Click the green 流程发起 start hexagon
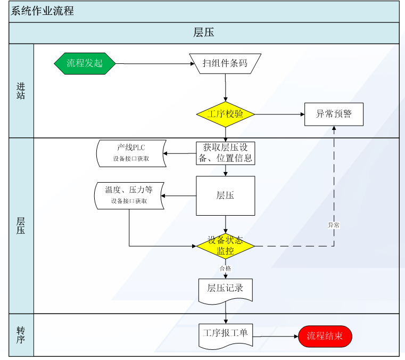(x=85, y=63)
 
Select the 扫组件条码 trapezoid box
(x=225, y=63)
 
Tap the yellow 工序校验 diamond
(x=226, y=114)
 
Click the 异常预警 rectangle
(x=334, y=114)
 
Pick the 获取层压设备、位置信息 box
(x=226, y=153)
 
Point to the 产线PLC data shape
(x=131, y=153)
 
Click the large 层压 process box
(x=226, y=195)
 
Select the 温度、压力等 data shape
(x=129, y=195)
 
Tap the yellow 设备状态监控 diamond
(x=226, y=246)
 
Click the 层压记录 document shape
(x=226, y=290)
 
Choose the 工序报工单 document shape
(x=226, y=336)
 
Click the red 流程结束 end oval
(x=325, y=336)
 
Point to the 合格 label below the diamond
(x=225, y=268)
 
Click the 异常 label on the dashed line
(x=334, y=225)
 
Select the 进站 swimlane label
(x=21, y=91)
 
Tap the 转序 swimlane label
(x=21, y=335)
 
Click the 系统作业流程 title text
(x=42, y=11)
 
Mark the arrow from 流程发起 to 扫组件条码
(x=155, y=63)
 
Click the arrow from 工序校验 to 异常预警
(x=280, y=114)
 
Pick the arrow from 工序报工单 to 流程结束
(x=275, y=337)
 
